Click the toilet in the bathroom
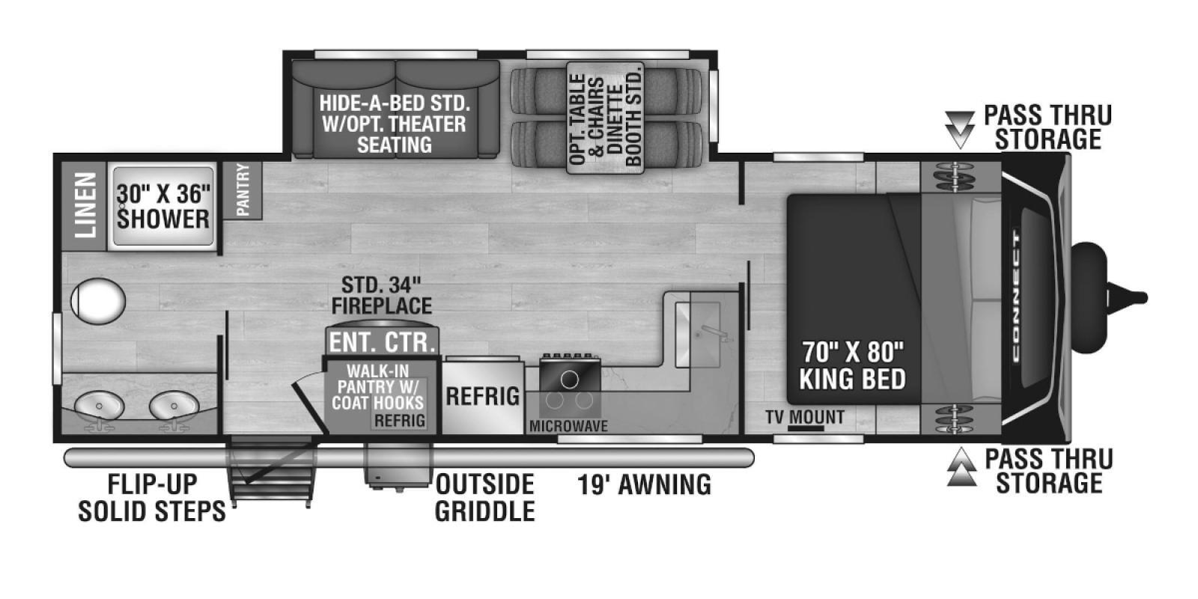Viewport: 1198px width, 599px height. click(x=98, y=300)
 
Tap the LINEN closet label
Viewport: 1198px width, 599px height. click(x=85, y=205)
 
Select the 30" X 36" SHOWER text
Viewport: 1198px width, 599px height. click(x=163, y=207)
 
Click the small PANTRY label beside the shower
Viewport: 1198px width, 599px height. click(x=243, y=190)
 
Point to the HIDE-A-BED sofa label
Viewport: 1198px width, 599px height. click(x=395, y=124)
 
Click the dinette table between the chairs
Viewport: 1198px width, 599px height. click(x=605, y=118)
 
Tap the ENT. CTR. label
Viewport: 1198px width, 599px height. click(x=382, y=342)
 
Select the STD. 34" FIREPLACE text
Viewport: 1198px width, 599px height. click(x=382, y=295)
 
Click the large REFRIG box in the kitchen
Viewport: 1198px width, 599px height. click(x=482, y=397)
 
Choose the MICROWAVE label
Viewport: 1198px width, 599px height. click(x=568, y=426)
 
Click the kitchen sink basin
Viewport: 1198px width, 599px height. click(x=697, y=334)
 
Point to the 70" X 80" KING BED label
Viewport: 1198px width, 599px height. click(x=853, y=366)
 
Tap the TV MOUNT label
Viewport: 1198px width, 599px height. click(x=805, y=416)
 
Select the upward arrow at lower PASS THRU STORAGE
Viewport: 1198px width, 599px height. click(x=961, y=467)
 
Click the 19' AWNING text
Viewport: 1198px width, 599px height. click(x=645, y=484)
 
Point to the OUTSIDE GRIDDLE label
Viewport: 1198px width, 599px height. click(x=484, y=497)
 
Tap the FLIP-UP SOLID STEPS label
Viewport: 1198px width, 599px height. click(x=153, y=497)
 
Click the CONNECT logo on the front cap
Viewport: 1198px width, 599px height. click(x=1016, y=297)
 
